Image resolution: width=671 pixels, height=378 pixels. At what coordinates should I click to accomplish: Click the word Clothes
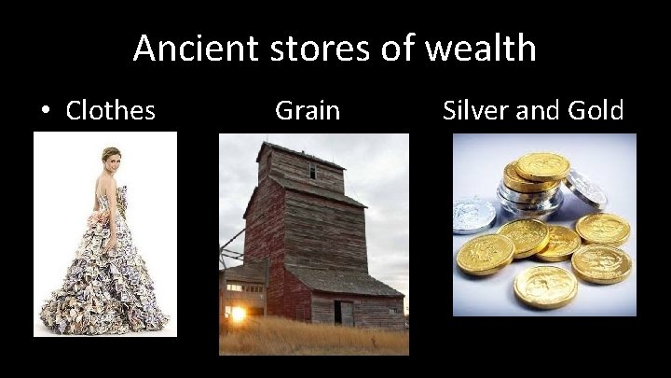[x=110, y=110]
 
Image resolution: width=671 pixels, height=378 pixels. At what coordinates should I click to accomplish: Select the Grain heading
[x=308, y=110]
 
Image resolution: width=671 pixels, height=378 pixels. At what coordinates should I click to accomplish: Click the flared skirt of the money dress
[x=103, y=280]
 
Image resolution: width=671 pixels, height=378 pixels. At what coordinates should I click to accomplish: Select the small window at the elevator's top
[x=312, y=172]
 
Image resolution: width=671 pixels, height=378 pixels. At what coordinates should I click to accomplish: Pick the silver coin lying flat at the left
[x=472, y=215]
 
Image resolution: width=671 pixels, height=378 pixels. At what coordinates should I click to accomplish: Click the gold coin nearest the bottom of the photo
[x=544, y=287]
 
